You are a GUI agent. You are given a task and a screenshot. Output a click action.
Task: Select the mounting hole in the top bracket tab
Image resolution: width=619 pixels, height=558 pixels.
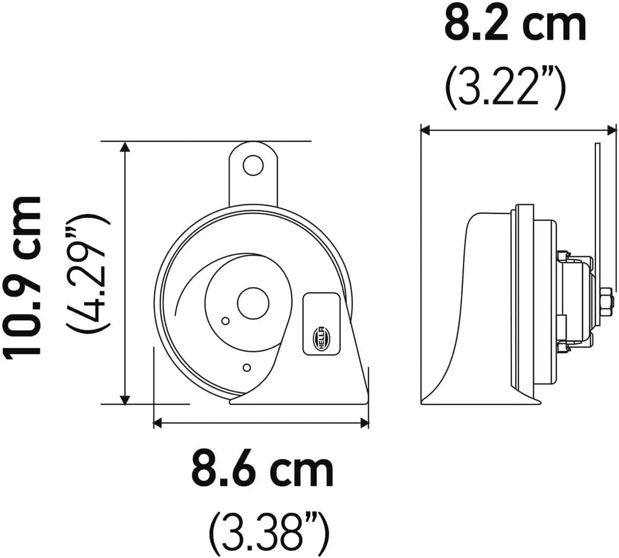(x=253, y=165)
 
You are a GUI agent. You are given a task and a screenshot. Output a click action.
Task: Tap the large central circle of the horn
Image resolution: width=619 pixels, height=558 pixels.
(x=253, y=303)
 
